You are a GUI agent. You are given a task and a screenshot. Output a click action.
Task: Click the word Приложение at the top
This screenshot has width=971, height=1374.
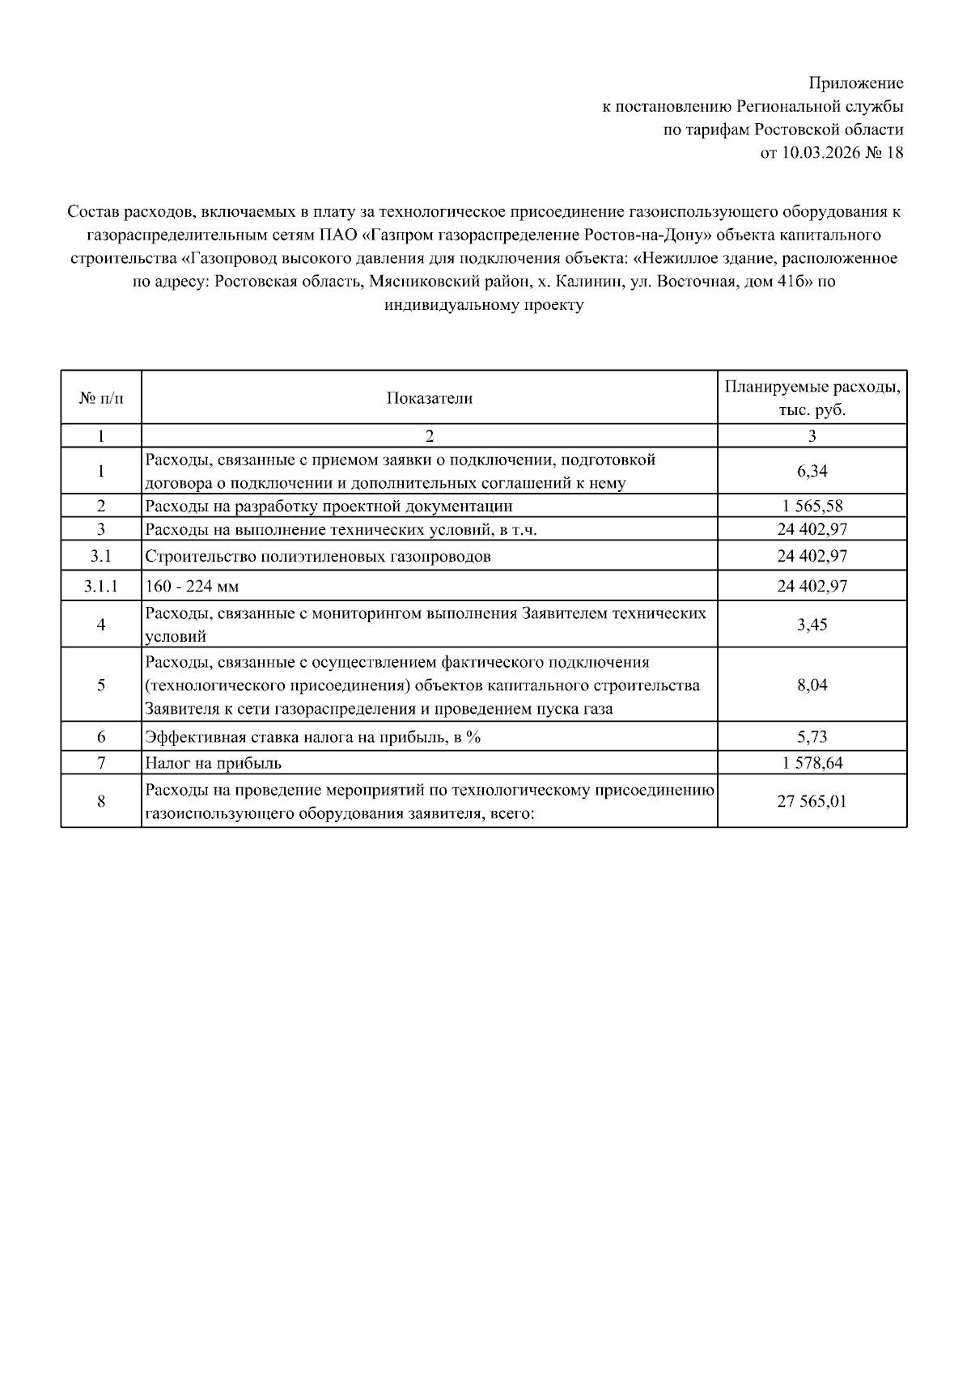(855, 83)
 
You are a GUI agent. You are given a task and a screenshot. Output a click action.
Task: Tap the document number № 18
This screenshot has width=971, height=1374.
(884, 153)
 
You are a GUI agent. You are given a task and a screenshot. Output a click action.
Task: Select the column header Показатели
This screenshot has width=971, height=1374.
(429, 398)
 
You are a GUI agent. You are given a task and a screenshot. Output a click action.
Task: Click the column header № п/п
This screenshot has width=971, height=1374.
(101, 398)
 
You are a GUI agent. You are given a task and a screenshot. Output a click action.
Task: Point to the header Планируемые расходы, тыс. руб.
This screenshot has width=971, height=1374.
(812, 398)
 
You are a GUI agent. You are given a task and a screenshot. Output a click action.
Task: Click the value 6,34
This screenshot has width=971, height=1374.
(812, 472)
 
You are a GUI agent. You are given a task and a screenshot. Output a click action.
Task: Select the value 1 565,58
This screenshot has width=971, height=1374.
(812, 507)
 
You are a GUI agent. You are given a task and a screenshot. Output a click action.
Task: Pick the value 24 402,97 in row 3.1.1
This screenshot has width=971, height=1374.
(812, 586)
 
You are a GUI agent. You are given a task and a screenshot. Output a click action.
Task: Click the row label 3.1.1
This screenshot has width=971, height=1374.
(101, 586)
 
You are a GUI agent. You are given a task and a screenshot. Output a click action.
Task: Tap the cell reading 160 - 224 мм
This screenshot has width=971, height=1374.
(192, 586)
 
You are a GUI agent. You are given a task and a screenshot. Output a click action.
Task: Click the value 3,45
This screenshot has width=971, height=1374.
(812, 625)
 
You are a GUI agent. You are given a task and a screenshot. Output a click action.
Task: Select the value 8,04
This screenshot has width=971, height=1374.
(812, 685)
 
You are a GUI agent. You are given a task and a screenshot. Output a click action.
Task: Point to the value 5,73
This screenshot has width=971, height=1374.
(812, 737)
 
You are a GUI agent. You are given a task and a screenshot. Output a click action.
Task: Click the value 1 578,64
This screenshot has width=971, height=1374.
(812, 763)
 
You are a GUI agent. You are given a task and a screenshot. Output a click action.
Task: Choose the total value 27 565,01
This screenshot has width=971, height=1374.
(812, 801)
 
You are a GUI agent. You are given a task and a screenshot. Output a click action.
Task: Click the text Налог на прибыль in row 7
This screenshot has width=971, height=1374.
(213, 763)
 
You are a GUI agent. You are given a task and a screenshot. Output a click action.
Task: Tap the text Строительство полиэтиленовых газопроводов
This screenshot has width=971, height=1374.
(317, 557)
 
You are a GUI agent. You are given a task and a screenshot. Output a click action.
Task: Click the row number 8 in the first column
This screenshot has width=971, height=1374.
(101, 801)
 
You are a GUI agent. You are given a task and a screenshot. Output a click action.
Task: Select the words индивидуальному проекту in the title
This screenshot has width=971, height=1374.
(484, 306)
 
